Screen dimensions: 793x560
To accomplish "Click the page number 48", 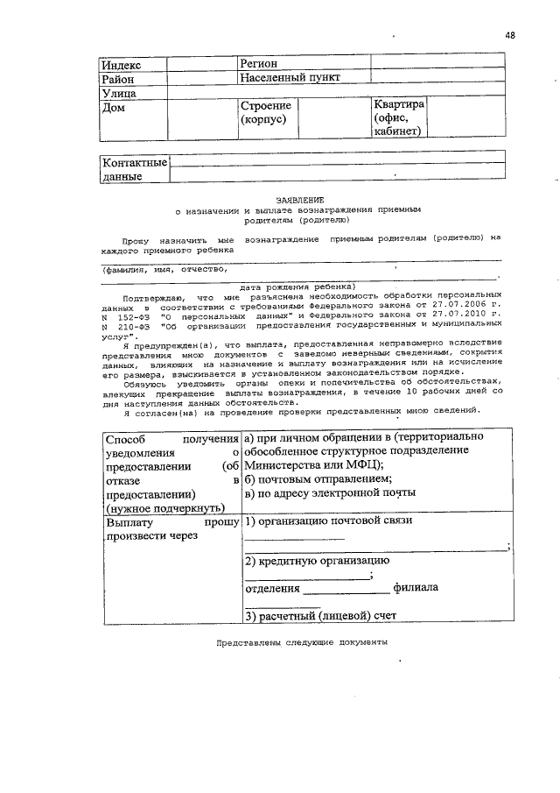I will (510, 35).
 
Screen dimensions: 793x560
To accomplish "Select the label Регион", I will (259, 64).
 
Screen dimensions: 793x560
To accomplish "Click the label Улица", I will (121, 93).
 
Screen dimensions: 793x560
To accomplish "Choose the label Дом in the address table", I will (114, 109).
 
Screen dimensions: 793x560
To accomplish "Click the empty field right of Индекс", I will (202, 64).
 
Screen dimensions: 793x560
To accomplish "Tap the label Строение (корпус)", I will (266, 113).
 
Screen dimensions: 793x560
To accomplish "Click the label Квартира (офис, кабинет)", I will (399, 117).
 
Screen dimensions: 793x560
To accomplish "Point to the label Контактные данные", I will (134, 170).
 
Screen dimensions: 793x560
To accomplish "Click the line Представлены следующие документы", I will (302, 641).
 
